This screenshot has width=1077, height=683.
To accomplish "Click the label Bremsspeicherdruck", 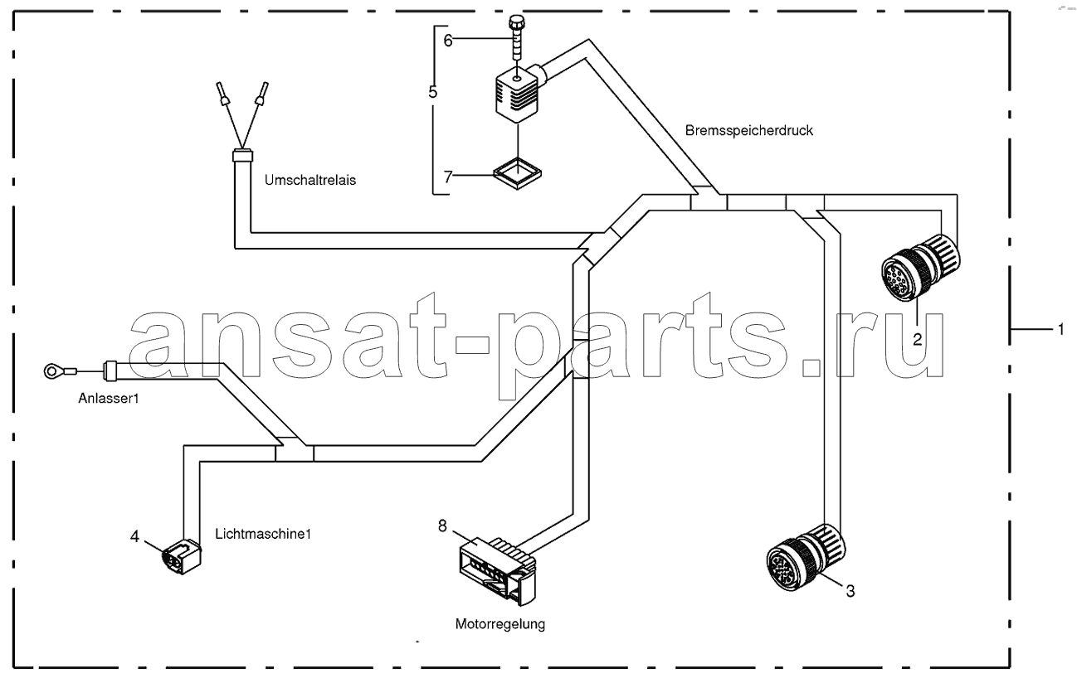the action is [x=748, y=131].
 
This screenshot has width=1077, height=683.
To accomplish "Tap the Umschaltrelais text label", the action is [x=310, y=180].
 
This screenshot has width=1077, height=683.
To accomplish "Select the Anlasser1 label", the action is [x=109, y=398].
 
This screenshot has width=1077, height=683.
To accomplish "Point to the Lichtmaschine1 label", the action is [x=263, y=534].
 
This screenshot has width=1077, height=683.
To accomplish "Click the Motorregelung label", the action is [x=500, y=624].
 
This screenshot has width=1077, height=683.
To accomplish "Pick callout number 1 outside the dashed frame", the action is [x=1061, y=330].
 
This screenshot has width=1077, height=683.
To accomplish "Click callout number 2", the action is [x=917, y=340].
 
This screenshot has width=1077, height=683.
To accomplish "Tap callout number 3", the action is [x=850, y=591].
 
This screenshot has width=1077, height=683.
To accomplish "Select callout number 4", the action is [x=134, y=536].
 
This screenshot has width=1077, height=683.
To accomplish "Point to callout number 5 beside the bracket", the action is [x=433, y=92].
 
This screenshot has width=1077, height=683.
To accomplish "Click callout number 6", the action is [x=447, y=41].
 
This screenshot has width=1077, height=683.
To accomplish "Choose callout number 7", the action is [x=447, y=177].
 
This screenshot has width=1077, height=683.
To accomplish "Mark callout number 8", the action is [x=442, y=526].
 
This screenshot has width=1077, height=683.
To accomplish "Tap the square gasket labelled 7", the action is [x=518, y=173].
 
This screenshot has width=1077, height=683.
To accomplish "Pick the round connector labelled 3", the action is [x=806, y=557].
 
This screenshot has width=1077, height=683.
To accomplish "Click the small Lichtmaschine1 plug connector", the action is [x=182, y=557].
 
